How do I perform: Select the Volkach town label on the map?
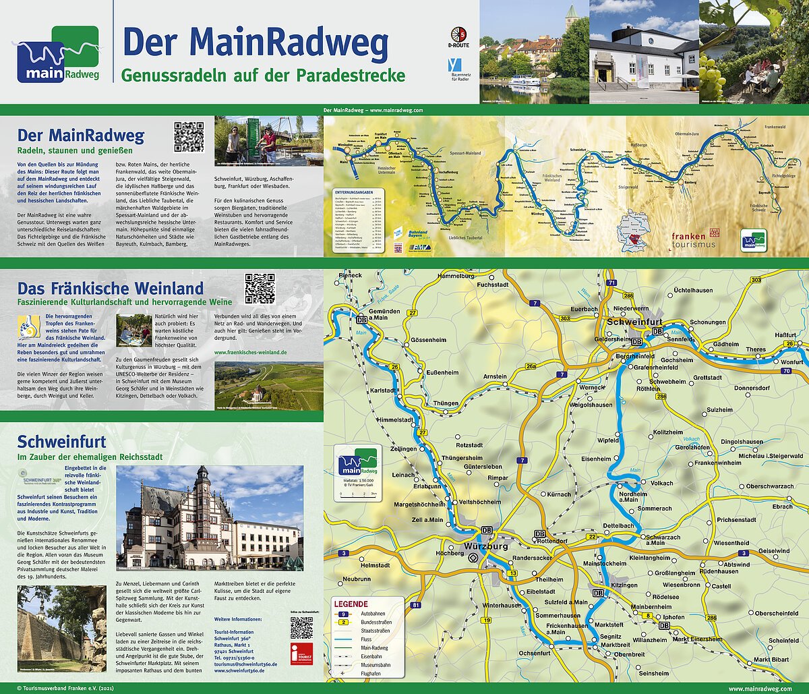point(661,483)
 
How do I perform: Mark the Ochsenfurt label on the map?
point(535,653)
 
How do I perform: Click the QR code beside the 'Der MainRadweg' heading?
point(189,137)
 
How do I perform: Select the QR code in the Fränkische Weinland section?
point(260,289)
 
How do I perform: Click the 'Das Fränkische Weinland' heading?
point(111,289)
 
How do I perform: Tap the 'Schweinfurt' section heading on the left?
point(61,442)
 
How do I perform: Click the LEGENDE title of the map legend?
point(351,604)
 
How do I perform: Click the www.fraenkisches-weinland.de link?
point(250,352)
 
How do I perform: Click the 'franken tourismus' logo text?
point(692,240)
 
